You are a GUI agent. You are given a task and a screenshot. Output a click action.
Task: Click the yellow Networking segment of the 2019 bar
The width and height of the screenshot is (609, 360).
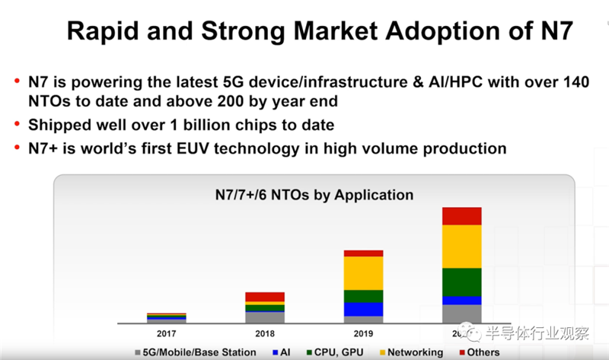(363, 272)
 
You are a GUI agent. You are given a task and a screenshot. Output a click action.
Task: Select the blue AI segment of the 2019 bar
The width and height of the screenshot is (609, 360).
(363, 309)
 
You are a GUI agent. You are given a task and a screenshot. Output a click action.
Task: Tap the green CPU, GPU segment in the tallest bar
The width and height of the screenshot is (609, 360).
(461, 282)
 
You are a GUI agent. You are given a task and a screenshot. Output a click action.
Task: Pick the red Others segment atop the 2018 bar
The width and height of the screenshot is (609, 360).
(264, 297)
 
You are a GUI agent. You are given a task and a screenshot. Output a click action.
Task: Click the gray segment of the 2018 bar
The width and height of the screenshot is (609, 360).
(264, 317)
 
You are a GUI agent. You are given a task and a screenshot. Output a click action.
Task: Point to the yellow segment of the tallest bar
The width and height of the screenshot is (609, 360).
(461, 246)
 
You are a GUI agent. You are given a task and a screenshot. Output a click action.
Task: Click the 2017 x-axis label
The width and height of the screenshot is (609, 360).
(166, 332)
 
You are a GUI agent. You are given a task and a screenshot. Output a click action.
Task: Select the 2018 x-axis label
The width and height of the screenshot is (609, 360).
(264, 332)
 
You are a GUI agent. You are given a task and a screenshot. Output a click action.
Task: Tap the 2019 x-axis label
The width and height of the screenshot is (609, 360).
(363, 332)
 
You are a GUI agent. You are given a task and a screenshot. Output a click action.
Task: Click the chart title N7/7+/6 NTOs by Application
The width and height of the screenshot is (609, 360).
(314, 195)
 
